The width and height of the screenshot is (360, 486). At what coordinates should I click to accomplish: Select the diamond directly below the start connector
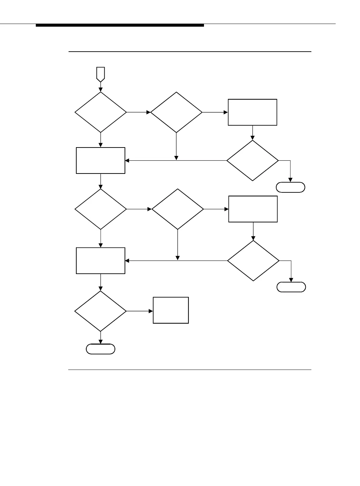pos(101,112)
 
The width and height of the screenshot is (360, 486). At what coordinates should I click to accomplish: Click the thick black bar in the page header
pos(120,25)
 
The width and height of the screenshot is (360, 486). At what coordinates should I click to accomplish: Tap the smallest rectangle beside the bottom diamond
pos(171,310)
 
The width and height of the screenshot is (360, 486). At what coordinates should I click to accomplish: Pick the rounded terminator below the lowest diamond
pos(101,349)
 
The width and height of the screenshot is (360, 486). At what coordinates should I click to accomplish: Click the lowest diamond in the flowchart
pos(101,311)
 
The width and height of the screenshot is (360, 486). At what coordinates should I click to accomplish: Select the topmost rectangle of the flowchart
pos(253,112)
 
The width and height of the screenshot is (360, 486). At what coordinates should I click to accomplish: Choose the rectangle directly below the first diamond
pos(101,160)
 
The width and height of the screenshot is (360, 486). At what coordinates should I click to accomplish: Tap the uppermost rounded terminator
pos(291,187)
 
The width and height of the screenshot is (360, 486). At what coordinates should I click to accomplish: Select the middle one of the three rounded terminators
pos(291,287)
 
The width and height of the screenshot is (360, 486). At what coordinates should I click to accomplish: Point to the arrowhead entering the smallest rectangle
pos(151,311)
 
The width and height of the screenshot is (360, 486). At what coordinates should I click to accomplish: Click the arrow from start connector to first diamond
pos(101,87)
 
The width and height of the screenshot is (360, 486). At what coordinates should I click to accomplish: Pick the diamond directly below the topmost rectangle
pos(253,160)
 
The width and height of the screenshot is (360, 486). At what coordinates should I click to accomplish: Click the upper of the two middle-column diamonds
pos(176,112)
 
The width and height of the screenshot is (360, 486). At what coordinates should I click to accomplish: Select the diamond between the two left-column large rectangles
pos(101,209)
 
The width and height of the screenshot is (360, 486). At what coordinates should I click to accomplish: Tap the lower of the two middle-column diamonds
pos(178,209)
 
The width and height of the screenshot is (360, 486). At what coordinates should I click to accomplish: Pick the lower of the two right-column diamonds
pos(253,261)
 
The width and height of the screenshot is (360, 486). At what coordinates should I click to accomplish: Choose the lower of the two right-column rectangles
pos(253,209)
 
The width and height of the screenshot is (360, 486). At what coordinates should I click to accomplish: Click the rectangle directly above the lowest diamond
pos(101,261)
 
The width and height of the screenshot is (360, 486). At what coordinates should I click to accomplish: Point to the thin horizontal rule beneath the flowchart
pos(189,370)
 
